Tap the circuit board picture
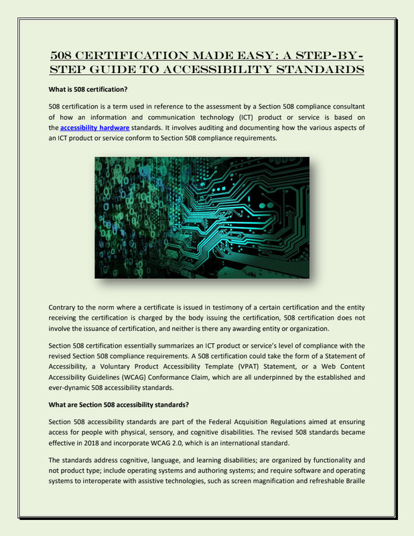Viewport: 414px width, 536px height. coord(202,217)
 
